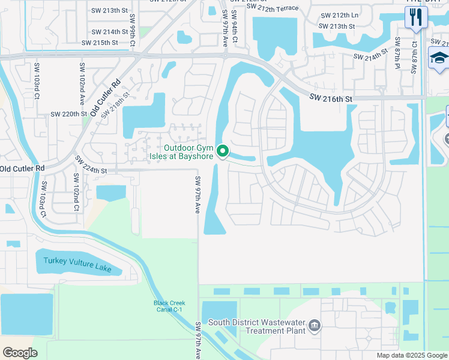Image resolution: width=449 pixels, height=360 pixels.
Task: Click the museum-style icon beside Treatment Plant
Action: click(x=314, y=326)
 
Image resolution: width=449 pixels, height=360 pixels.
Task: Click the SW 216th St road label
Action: click(x=331, y=97)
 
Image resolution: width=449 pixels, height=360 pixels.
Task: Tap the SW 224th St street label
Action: click(x=91, y=165)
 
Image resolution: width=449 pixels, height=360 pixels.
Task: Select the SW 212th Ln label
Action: click(x=339, y=15)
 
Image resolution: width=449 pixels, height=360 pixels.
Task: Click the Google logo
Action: click(x=20, y=353)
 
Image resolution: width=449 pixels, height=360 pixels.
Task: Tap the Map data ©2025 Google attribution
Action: click(x=411, y=355)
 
